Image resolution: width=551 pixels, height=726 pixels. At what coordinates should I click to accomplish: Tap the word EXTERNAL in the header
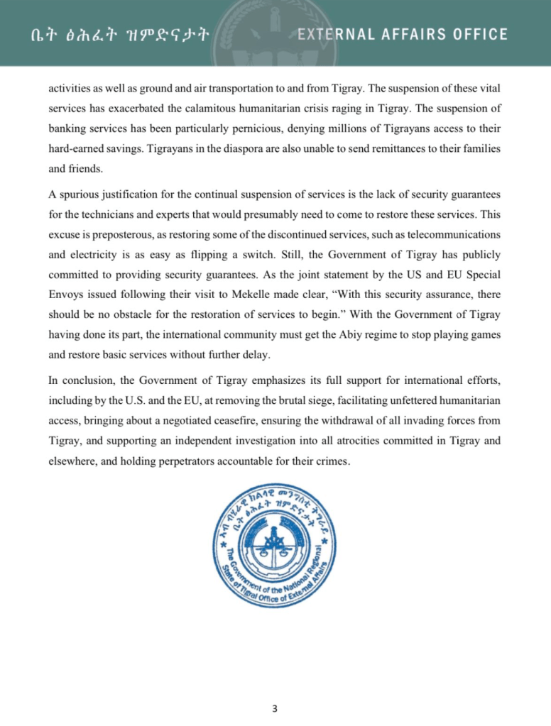pyautogui.click(x=336, y=34)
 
